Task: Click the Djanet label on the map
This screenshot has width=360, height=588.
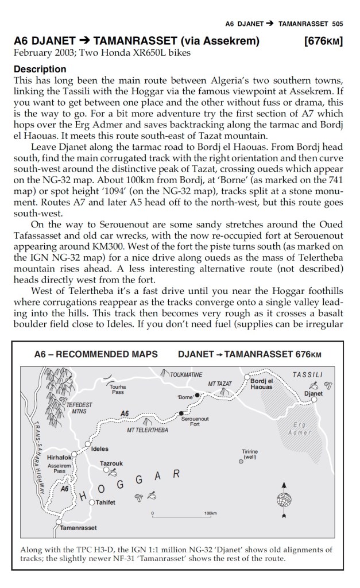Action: coord(312,394)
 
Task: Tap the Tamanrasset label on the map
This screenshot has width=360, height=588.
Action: coord(78,527)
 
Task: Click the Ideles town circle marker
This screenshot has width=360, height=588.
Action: coord(87,443)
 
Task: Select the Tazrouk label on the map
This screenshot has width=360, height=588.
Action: coord(111,463)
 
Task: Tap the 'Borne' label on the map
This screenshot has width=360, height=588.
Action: coord(185,397)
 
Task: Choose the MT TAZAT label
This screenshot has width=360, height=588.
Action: coord(220,383)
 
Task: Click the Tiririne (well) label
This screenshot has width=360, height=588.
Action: coord(250,454)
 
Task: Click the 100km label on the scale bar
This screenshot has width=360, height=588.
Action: coord(210,513)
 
